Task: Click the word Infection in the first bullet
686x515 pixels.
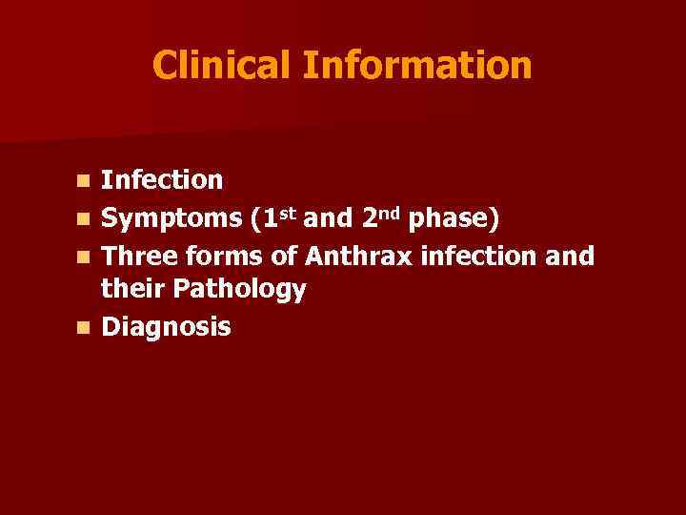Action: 162,179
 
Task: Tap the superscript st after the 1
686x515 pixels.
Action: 290,212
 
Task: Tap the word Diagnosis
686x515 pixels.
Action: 166,328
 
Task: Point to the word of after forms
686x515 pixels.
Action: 286,256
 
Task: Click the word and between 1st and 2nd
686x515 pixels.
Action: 331,219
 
